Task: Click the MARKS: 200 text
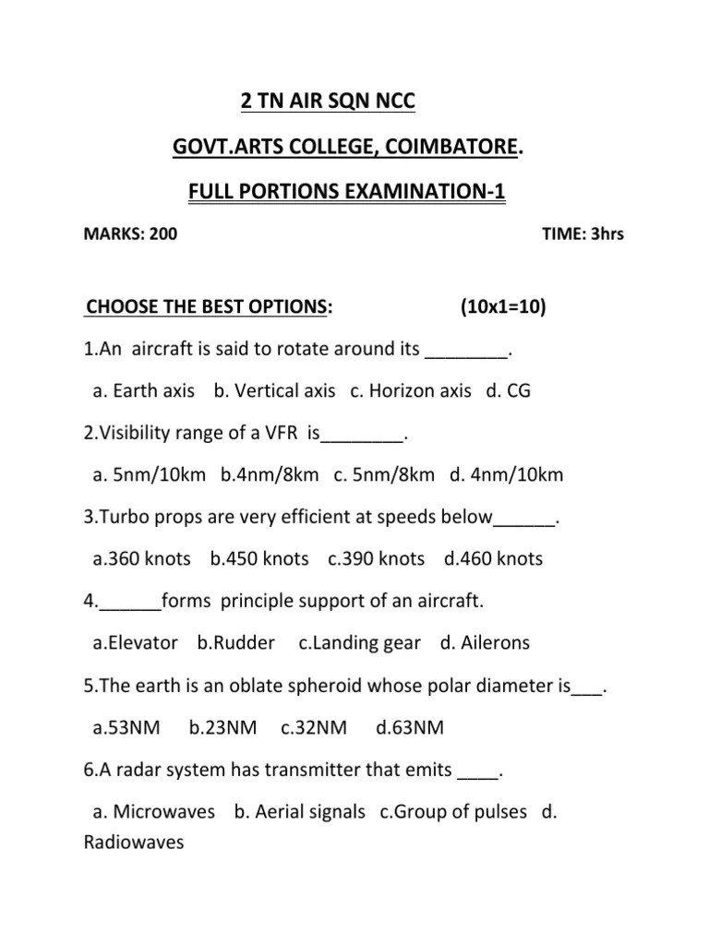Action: coord(130,233)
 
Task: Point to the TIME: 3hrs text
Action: coord(583,233)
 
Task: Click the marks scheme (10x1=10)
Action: coord(502,306)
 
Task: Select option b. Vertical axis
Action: coord(274,390)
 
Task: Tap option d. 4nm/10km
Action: coord(507,474)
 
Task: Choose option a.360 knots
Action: coord(142,558)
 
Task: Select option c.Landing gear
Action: coord(360,643)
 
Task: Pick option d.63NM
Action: coord(410,728)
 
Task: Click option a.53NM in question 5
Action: coord(126,728)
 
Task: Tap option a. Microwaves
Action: coord(154,812)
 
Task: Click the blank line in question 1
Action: coord(467,351)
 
